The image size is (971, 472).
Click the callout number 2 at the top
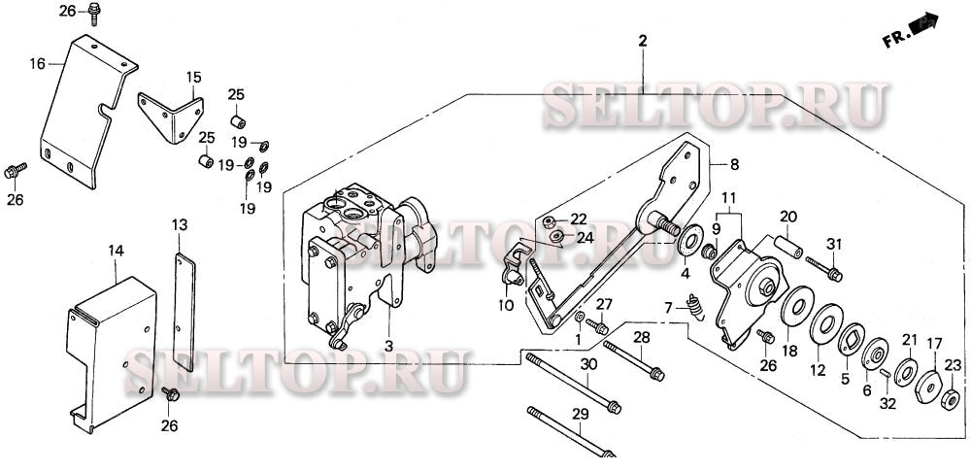(642, 41)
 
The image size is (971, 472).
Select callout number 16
(37, 63)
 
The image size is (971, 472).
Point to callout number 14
(117, 251)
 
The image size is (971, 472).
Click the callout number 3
(386, 345)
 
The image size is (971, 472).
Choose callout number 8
(735, 164)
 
